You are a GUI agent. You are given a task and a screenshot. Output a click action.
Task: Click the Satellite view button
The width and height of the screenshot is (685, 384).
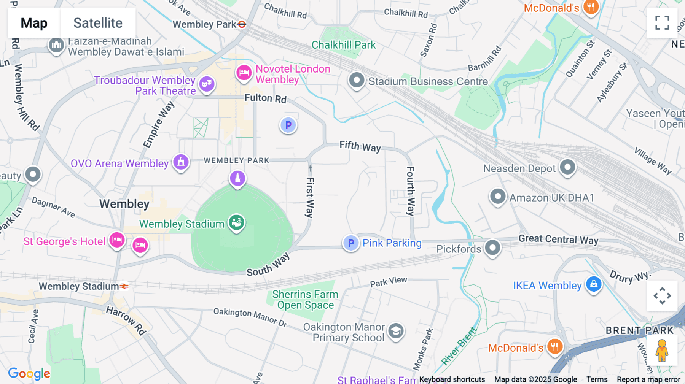point(98,23)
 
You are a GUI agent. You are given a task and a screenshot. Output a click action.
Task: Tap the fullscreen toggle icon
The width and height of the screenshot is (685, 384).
point(662,23)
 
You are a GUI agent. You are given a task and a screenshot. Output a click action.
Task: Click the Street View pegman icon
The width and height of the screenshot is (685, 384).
point(662,350)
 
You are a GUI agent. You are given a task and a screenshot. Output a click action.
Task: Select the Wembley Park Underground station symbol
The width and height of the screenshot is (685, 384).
point(242,24)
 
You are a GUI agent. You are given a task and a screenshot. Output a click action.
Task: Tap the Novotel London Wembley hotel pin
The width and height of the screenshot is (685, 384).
point(244,73)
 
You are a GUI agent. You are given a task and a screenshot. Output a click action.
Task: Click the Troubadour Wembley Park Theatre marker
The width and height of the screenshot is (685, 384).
point(207,84)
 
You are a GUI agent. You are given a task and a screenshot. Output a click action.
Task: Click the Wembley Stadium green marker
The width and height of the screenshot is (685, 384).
point(236,222)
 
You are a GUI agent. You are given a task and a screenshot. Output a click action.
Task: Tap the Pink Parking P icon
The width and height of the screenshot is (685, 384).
point(351,243)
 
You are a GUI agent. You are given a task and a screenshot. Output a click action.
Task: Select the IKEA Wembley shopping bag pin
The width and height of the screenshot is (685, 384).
point(594,284)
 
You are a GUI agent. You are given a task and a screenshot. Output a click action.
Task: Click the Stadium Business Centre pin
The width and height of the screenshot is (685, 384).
point(357,80)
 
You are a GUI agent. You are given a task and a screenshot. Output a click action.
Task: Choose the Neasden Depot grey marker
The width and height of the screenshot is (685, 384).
point(567,167)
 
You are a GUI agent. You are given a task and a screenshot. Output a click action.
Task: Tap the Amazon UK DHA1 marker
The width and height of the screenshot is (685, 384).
point(497,197)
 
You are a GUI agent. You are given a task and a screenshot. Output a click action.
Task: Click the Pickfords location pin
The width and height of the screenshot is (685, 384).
point(492,248)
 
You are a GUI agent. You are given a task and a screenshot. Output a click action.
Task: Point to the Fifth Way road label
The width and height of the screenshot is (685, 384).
point(360,146)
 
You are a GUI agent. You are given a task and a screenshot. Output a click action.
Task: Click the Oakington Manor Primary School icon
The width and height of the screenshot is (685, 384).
point(396,331)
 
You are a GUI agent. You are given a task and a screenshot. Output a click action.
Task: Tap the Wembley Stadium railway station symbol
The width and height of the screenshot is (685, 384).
point(124,286)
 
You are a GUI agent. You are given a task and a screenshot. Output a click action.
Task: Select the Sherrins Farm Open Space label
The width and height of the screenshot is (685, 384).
point(305,300)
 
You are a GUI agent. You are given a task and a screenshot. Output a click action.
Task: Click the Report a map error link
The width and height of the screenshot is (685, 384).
point(648,379)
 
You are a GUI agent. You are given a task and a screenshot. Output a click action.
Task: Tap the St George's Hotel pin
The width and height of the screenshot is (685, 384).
point(117,240)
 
